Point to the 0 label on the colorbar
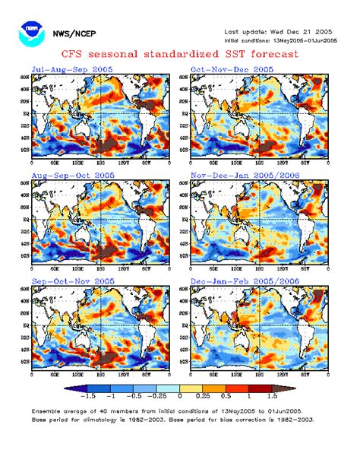179,397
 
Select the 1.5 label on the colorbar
270,397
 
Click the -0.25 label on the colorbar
156,397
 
